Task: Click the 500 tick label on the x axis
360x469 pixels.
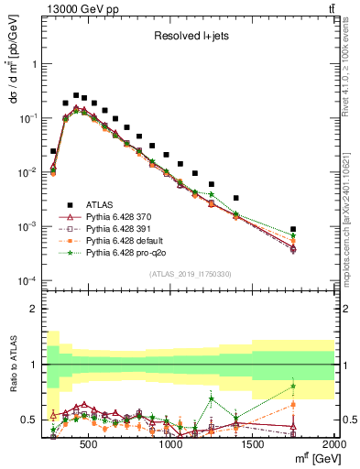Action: [89, 444]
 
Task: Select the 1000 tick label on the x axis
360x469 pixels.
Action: [171, 444]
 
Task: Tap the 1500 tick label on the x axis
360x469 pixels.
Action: [253, 444]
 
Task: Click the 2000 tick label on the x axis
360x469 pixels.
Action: [334, 444]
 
